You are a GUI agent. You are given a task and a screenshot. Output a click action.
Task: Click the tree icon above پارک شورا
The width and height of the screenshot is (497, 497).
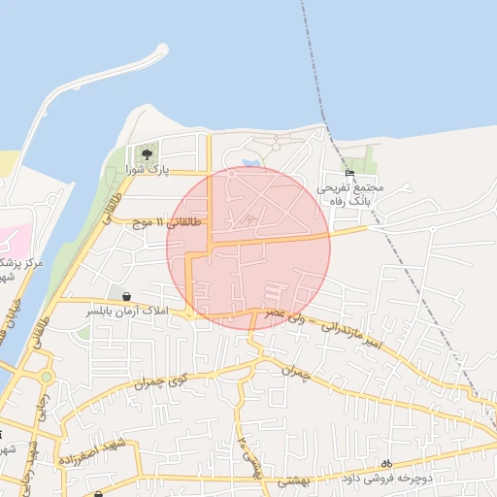pyautogui.click(x=147, y=153)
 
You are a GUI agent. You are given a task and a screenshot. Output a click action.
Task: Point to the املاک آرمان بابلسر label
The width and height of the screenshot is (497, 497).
pyautogui.click(x=128, y=312)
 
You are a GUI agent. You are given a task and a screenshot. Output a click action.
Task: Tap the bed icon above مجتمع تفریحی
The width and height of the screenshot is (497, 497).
pyautogui.click(x=350, y=172)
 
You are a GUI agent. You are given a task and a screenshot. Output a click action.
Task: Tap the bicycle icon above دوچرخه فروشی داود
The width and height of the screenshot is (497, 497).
pyautogui.click(x=387, y=464)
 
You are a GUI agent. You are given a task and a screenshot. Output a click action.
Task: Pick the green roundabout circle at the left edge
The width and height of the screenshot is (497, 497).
pyautogui.click(x=45, y=377)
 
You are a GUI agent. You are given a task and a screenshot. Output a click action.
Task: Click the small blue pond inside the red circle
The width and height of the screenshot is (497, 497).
pyautogui.click(x=250, y=162)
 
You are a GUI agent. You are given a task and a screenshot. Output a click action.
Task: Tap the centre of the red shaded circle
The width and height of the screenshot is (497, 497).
pyautogui.click(x=248, y=248)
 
